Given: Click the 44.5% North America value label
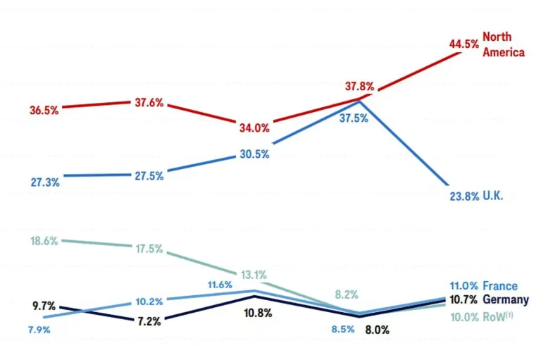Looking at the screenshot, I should coord(464,44).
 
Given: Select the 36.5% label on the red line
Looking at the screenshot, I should coord(44,111).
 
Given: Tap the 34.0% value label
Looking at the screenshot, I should coord(254,128).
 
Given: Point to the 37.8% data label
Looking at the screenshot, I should coord(359,87).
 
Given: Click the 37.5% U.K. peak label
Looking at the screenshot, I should coord(354,119).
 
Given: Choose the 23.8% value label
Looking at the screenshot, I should coord(464,196).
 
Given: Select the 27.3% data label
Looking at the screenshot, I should coord(45,182).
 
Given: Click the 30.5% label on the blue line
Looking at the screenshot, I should coord(254,154).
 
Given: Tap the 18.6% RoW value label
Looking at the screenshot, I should coord(44,241).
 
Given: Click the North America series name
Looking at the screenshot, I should coord(503,44).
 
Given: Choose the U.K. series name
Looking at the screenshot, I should coord(493,196).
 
